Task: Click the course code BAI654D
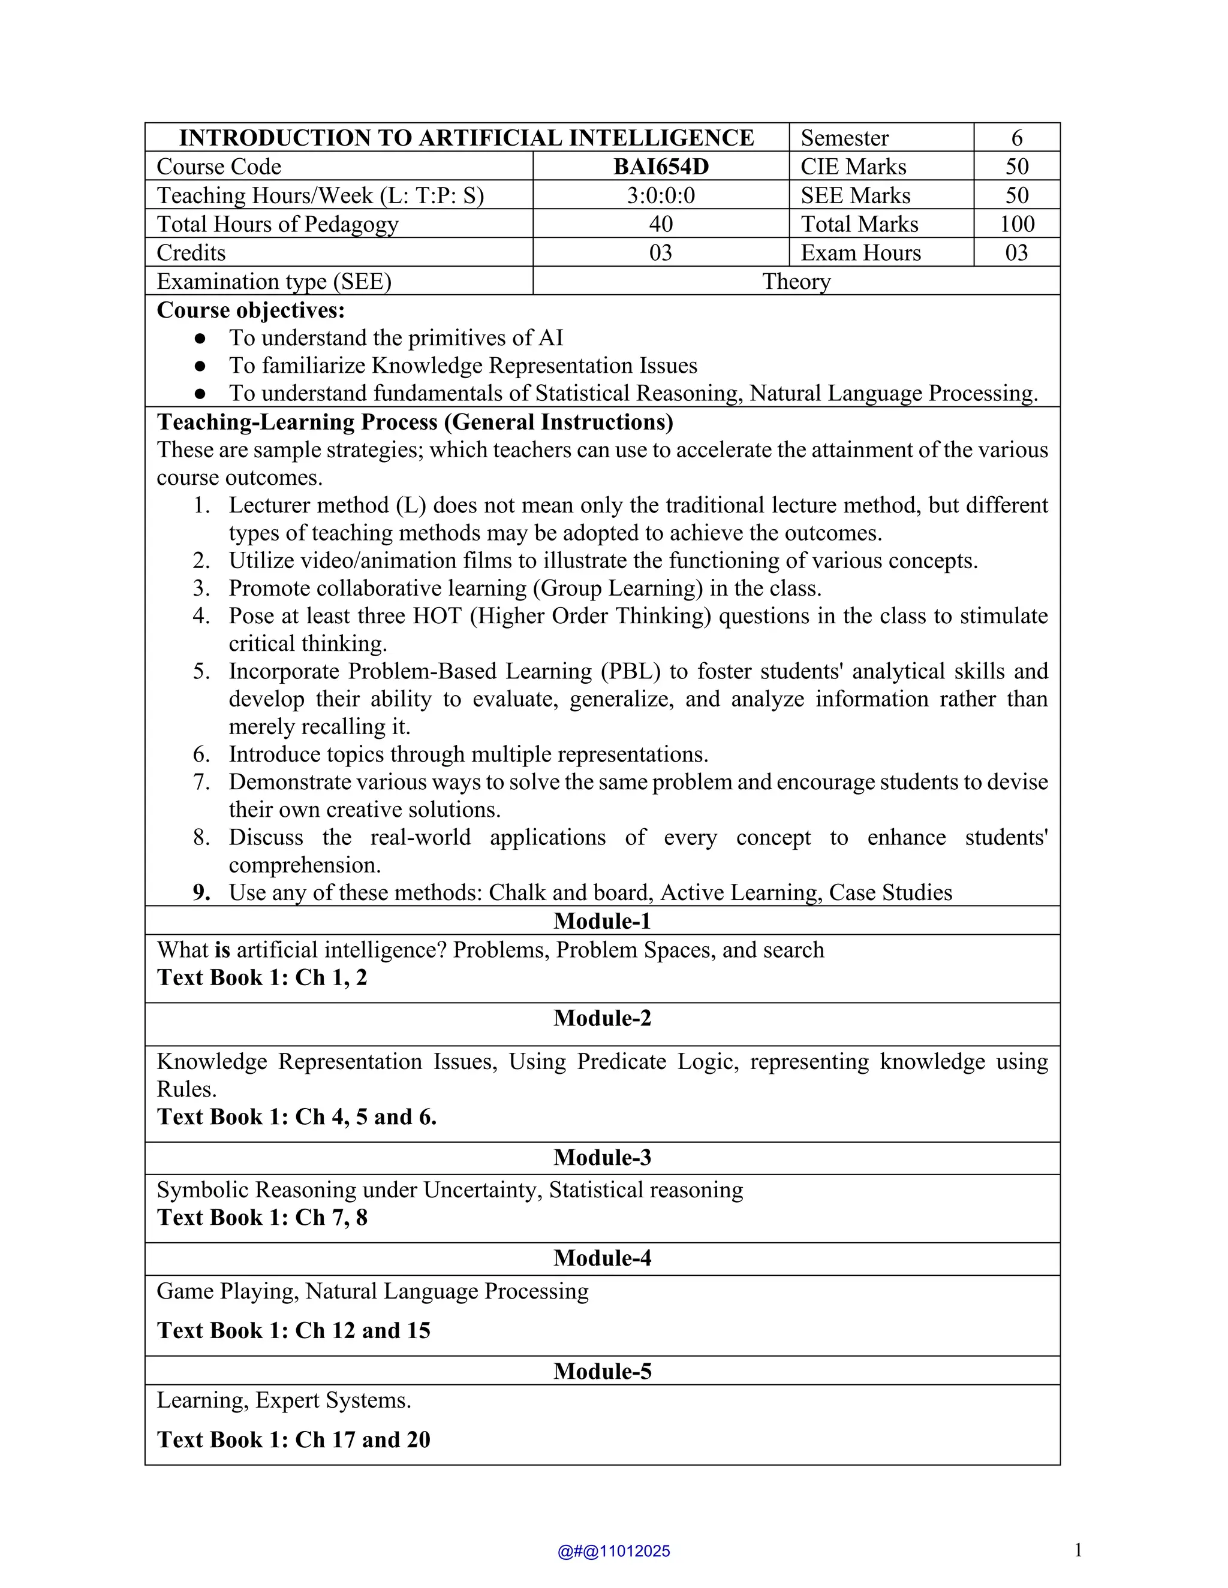pyautogui.click(x=661, y=167)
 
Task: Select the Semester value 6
pyautogui.click(x=1016, y=137)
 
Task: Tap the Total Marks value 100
pyautogui.click(x=1016, y=224)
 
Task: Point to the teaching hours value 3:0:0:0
pyautogui.click(x=661, y=195)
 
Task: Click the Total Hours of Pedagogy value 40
pyautogui.click(x=661, y=224)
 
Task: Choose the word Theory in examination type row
pyautogui.click(x=796, y=282)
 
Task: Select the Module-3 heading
pyautogui.click(x=603, y=1158)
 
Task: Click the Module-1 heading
pyautogui.click(x=603, y=921)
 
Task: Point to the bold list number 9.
pyautogui.click(x=201, y=893)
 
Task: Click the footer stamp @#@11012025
pyautogui.click(x=613, y=1551)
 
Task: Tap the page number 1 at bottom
pyautogui.click(x=1077, y=1550)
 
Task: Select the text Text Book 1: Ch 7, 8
pyautogui.click(x=262, y=1218)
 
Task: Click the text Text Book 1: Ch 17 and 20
pyautogui.click(x=293, y=1439)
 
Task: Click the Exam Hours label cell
pyautogui.click(x=860, y=253)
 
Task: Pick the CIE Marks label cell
pyautogui.click(x=853, y=167)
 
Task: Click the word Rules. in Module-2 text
pyautogui.click(x=187, y=1089)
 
